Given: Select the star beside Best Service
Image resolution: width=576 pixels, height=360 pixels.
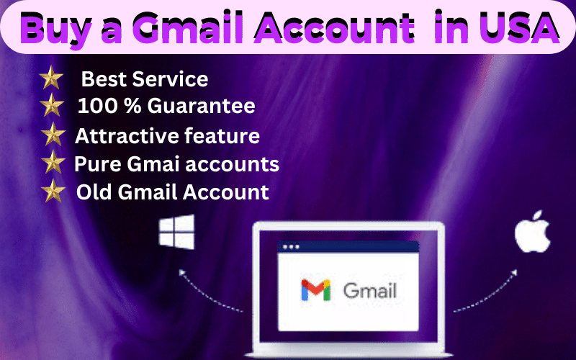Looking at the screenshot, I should pos(50,78).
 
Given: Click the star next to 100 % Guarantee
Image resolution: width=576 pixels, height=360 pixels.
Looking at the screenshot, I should pos(51,107).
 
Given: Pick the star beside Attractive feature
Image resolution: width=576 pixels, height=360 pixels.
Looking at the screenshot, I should pos(53,135).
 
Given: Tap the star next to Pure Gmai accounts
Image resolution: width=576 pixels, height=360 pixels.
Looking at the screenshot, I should pos(53,163).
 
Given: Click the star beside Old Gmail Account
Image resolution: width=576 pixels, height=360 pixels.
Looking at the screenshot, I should pos(53,192).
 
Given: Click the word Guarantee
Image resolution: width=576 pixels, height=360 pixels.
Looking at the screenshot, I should pos(202,107).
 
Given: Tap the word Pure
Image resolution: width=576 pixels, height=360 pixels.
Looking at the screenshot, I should pos(92,163).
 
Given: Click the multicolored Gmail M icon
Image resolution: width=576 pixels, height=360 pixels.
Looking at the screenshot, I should pos(315,290).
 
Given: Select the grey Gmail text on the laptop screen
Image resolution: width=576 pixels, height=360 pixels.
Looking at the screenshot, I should pos(370,291).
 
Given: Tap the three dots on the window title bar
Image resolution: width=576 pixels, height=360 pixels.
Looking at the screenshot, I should pos(291,247).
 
